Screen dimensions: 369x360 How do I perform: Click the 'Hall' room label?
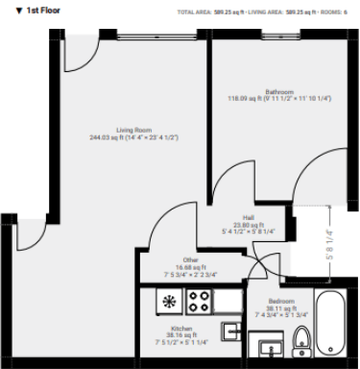click(x=248, y=217)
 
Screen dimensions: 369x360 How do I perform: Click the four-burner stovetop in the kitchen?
click(x=199, y=301)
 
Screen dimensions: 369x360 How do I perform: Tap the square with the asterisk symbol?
click(x=170, y=302)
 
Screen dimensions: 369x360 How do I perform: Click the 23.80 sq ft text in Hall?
click(x=248, y=224)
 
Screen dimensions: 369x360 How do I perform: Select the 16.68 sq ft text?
click(x=192, y=267)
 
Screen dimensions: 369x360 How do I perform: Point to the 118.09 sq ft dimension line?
click(x=265, y=98)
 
